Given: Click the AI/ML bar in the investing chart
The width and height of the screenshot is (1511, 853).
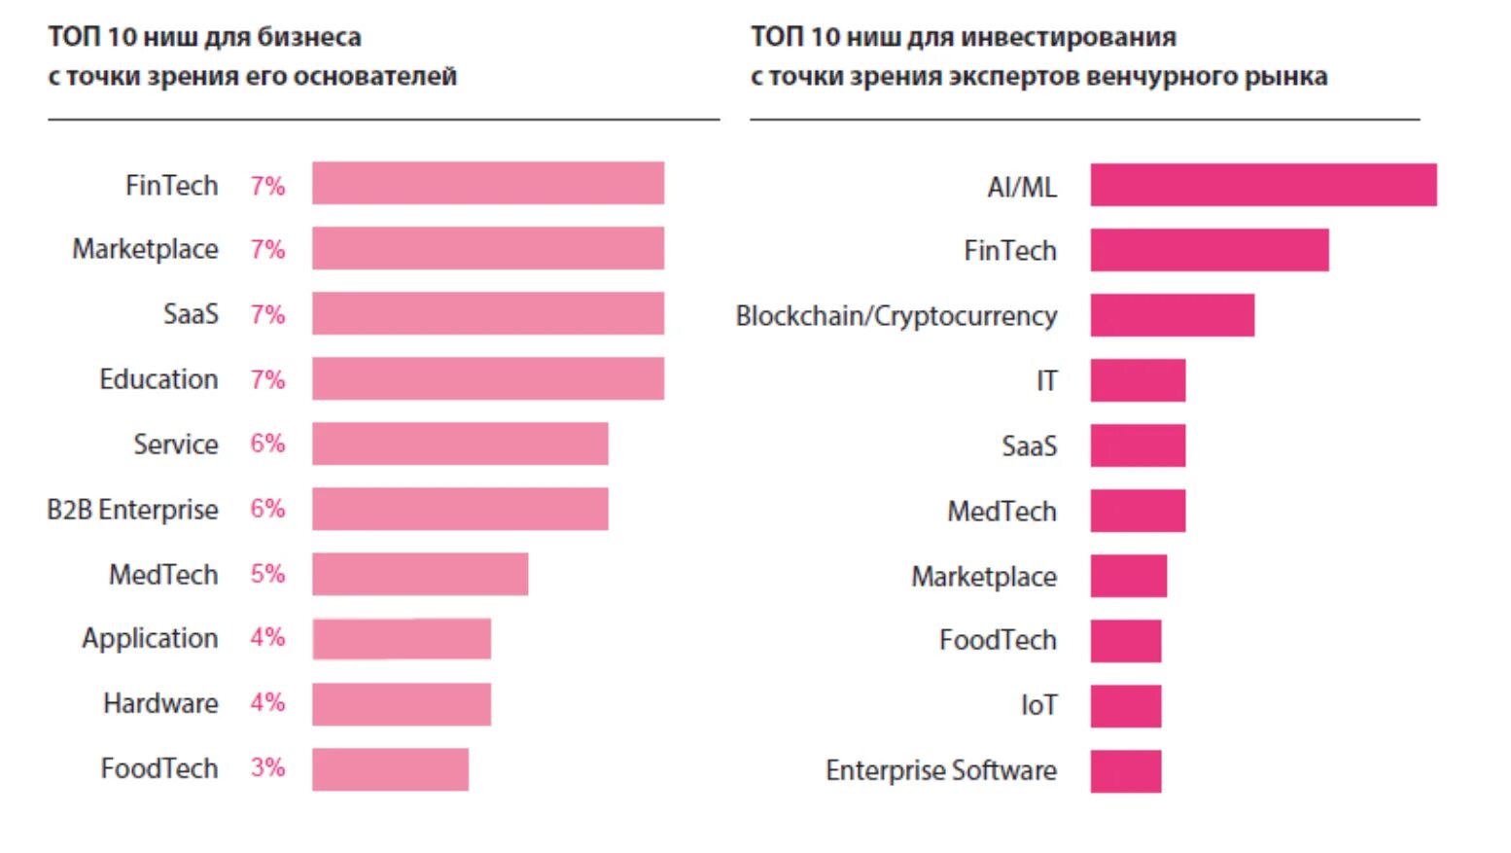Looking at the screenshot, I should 1262,185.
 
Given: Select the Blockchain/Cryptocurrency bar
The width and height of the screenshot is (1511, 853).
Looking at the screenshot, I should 1172,315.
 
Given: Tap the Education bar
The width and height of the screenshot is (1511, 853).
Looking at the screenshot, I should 487,378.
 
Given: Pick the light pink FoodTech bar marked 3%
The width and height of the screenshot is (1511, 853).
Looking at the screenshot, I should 390,769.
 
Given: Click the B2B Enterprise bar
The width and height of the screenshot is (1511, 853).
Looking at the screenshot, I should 460,509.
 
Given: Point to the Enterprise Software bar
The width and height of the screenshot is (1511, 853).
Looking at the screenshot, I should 1125,771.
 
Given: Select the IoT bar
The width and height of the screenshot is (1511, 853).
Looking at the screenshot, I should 1125,706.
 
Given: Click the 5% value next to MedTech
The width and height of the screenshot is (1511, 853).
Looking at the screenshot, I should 267,574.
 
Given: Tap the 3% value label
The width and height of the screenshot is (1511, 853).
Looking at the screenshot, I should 267,767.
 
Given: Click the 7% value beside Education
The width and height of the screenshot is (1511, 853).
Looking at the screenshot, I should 267,378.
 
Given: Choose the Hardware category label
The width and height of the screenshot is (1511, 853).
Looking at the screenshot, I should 160,703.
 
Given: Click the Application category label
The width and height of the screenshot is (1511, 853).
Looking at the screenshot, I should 150,638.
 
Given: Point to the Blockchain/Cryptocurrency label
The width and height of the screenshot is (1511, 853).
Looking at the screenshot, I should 896,316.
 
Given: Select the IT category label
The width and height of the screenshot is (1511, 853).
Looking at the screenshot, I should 1046,380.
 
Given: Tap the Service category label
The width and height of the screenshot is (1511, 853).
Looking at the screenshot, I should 175,444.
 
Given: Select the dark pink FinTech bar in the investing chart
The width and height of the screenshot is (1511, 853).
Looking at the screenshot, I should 1209,250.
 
